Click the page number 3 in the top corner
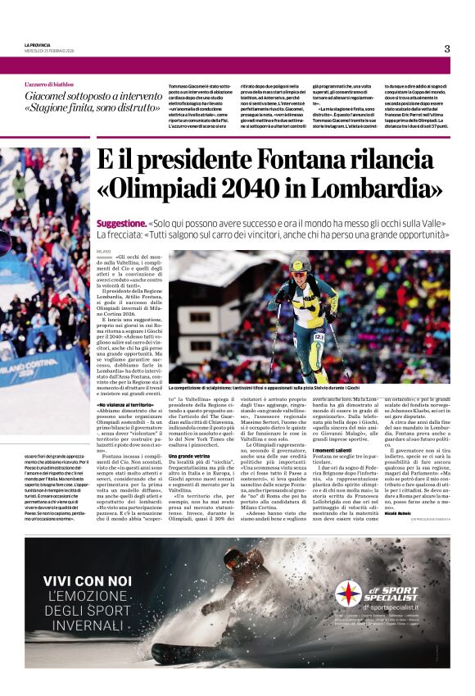coord(447,48)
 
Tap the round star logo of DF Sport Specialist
coord(349,594)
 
